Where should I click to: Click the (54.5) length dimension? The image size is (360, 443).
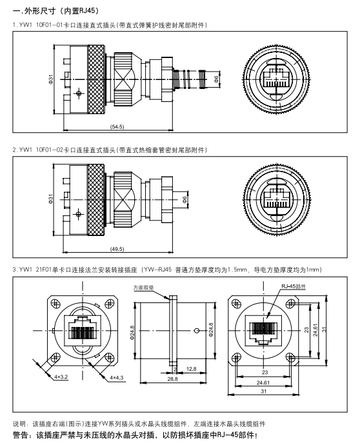pos(117,126)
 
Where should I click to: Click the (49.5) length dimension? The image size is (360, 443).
pos(117,249)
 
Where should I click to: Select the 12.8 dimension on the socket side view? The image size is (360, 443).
pos(192,369)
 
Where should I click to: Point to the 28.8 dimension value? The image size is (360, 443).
pos(172,379)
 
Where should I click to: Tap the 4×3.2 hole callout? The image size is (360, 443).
pos(61,377)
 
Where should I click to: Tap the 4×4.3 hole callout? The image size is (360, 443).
pos(117,378)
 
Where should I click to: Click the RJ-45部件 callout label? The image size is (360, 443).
pos(294,286)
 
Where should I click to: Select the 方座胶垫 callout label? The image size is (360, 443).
pos(144,288)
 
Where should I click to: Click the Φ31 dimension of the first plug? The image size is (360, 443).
pos(51,79)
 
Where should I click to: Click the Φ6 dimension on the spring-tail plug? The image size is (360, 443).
pos(217,79)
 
